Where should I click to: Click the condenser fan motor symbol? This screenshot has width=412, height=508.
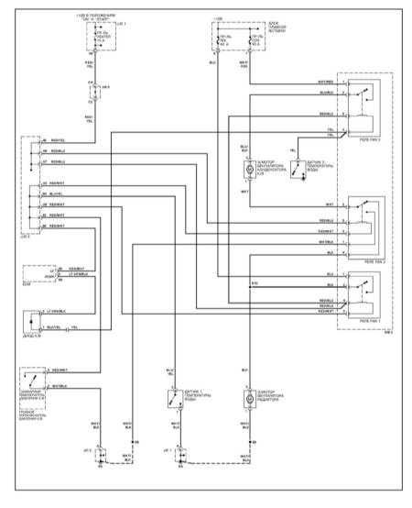tap(247, 170)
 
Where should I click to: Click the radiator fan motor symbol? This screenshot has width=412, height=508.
tap(247, 400)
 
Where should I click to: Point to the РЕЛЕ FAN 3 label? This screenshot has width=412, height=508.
tap(370, 139)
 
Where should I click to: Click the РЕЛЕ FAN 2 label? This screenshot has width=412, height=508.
tap(370, 260)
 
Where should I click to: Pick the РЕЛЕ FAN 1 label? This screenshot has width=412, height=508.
tap(370, 321)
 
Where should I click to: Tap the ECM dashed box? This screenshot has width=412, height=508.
tap(37, 273)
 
